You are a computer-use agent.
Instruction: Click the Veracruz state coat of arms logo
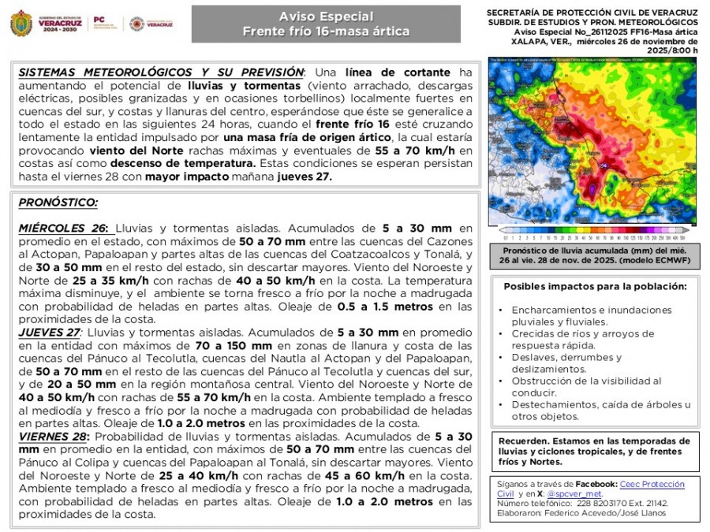21,24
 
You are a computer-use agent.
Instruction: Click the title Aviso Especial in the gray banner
326,17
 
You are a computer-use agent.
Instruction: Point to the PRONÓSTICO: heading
58,203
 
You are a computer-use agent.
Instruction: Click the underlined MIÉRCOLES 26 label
63,229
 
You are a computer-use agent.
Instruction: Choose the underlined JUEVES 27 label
50,333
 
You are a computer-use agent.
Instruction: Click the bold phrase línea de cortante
409,72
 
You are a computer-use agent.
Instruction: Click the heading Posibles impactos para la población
589,286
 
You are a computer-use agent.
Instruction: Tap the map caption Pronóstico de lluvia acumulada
592,254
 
